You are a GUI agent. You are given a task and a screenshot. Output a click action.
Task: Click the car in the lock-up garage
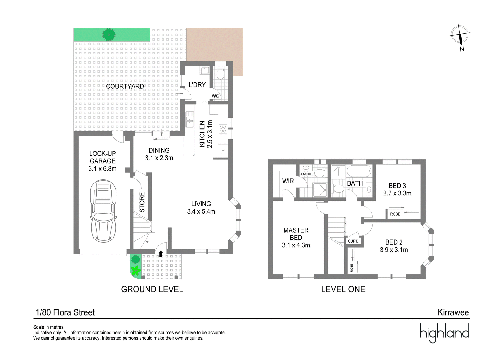click(103, 211)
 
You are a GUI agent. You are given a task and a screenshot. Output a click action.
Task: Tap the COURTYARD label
click(125, 86)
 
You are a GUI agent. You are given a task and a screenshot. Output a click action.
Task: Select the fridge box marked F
click(223, 151)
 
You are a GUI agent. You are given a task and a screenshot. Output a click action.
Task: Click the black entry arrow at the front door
click(161, 254)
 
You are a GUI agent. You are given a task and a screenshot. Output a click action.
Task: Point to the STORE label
click(142, 202)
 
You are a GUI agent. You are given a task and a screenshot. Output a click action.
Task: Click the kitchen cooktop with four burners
click(223, 129)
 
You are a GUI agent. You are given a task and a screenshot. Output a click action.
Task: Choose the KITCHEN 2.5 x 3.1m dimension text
click(206, 134)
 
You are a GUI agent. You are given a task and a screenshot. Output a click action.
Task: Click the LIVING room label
click(201, 204)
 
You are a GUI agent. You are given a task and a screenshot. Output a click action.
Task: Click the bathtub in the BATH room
click(359, 172)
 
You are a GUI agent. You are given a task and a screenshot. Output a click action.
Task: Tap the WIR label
click(288, 181)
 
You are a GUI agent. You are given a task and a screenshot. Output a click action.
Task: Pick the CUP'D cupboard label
click(353, 241)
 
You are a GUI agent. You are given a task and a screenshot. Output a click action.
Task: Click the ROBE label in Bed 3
click(395, 214)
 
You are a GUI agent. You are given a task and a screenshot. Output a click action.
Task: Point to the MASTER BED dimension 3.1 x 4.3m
click(296, 245)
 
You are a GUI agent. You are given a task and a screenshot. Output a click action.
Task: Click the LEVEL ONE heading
click(343, 290)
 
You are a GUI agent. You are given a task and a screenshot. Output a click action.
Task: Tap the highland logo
click(445, 333)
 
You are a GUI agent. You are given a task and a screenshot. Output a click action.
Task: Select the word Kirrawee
click(453, 312)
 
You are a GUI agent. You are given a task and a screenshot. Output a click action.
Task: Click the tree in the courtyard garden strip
click(109, 35)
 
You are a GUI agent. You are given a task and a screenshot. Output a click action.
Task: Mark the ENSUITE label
click(307, 174)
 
